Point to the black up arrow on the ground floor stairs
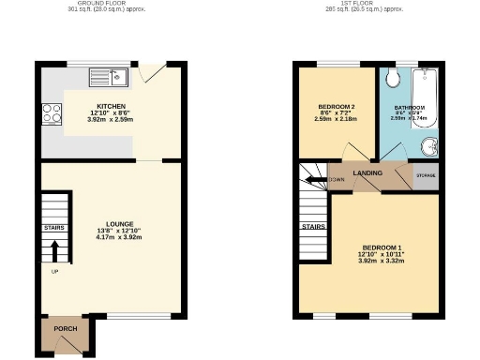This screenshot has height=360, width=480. [x=54, y=249]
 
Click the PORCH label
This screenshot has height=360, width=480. [x=65, y=329]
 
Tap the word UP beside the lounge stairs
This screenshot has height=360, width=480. [x=53, y=272]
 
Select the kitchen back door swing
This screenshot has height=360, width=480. [x=150, y=72]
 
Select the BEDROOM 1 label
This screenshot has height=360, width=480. [x=368, y=247]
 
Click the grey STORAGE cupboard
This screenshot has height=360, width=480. [x=426, y=177]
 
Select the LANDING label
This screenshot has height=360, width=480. [x=366, y=172]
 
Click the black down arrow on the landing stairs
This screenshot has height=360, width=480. [x=317, y=178]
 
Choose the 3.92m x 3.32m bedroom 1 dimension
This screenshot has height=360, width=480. [x=368, y=262]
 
